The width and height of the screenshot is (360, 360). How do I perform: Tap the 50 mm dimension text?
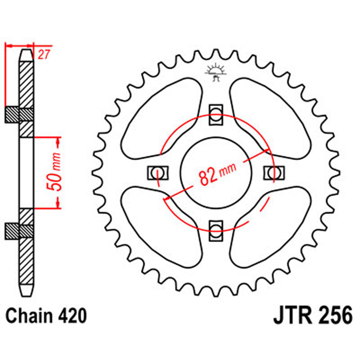(57, 173)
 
